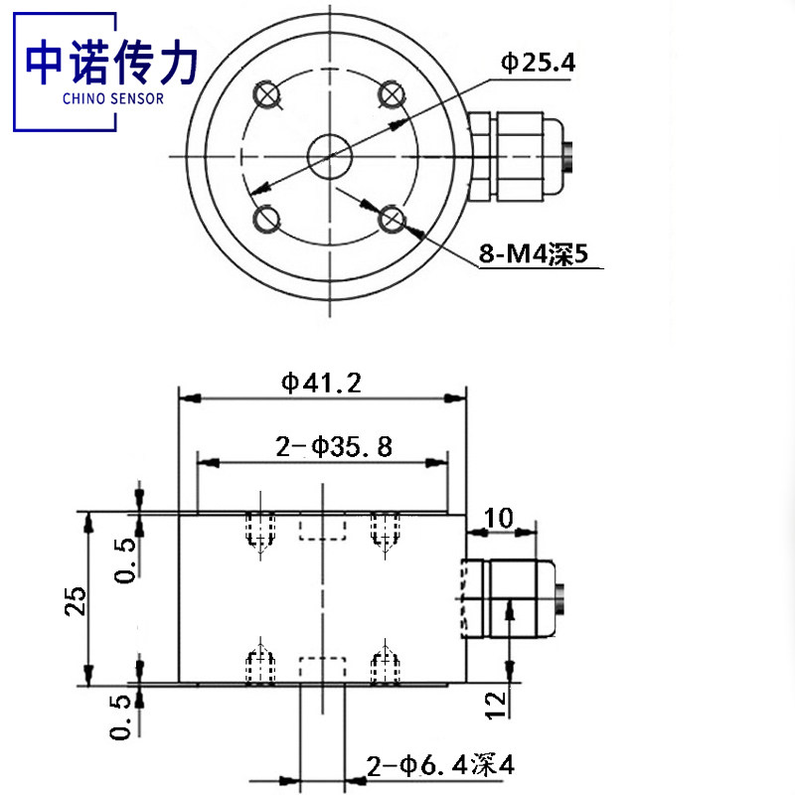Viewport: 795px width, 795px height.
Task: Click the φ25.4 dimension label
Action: (x=537, y=64)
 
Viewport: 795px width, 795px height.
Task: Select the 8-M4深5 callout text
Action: (x=534, y=255)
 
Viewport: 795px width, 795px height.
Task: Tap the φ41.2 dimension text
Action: (x=321, y=383)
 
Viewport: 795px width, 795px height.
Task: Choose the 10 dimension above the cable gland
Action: (x=499, y=517)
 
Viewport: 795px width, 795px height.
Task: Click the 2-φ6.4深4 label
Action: (x=440, y=766)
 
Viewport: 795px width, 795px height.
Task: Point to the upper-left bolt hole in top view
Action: (x=267, y=94)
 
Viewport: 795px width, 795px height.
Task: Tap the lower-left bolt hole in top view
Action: (x=267, y=218)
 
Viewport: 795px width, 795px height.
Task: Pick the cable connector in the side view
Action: (x=512, y=597)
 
